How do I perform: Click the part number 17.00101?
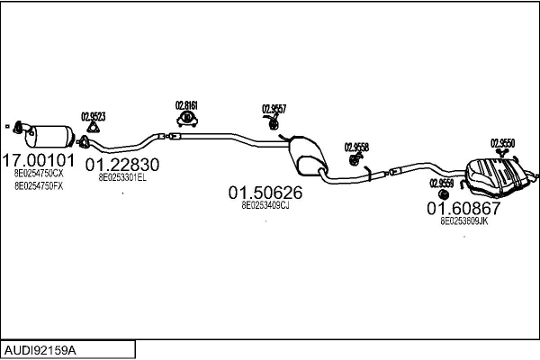click(x=37, y=160)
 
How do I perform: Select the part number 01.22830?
click(x=122, y=166)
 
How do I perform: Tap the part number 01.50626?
click(x=265, y=193)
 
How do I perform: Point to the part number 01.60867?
click(x=463, y=208)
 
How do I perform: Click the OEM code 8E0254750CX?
click(x=38, y=173)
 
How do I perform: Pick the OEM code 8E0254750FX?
click(x=38, y=186)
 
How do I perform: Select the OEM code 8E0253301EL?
click(x=122, y=178)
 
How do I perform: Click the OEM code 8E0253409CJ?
click(x=265, y=205)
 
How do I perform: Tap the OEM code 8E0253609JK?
click(x=463, y=220)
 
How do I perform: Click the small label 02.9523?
click(x=94, y=116)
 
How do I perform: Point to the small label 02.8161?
click(x=186, y=104)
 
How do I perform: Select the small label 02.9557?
click(x=274, y=109)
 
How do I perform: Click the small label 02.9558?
click(x=356, y=146)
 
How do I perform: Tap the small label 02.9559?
click(x=441, y=182)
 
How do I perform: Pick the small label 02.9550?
click(x=502, y=142)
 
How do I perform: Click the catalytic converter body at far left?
click(x=52, y=136)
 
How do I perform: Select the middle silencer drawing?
click(x=305, y=155)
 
